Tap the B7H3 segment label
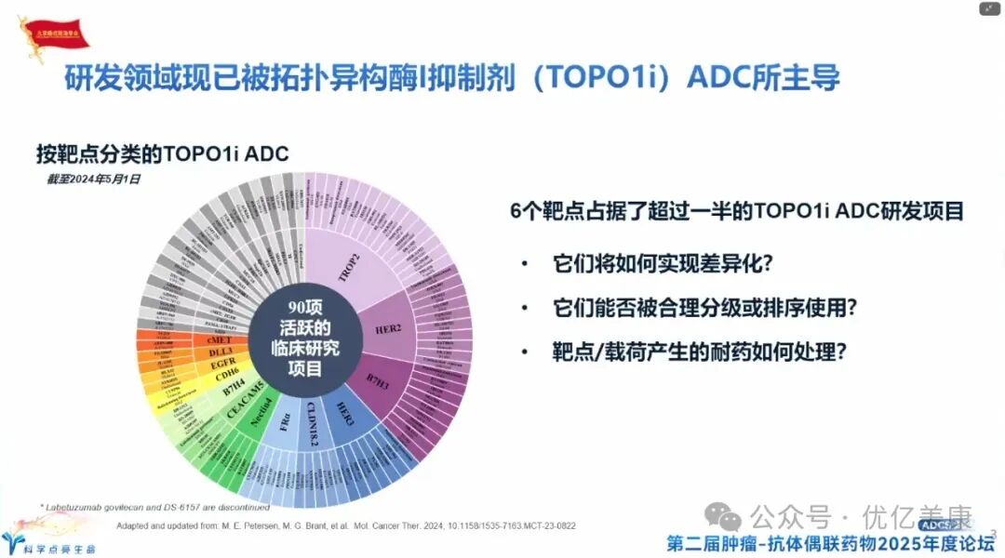click(378, 373)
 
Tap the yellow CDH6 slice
click(229, 377)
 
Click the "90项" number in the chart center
click(304, 308)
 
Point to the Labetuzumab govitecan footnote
click(154, 507)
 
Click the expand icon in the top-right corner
click(988, 8)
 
